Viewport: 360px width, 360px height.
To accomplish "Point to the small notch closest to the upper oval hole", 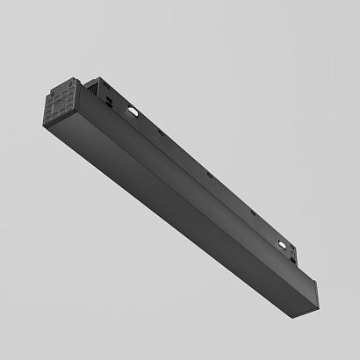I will click(x=162, y=134).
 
